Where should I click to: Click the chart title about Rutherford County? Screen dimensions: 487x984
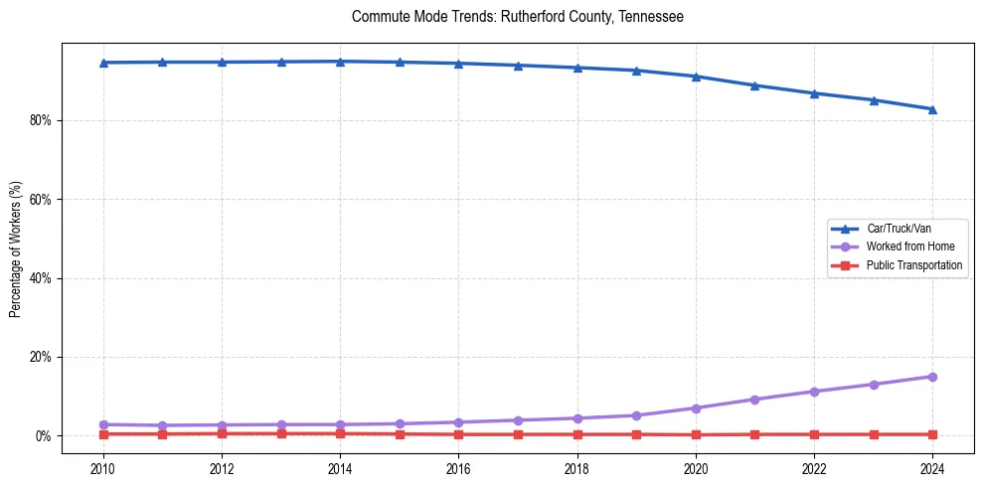[x=517, y=17]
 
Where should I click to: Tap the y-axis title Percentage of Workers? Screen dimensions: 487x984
[x=16, y=248]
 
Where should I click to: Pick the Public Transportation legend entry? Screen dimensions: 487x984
[x=913, y=265]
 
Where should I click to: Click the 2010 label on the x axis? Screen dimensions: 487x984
[x=103, y=468]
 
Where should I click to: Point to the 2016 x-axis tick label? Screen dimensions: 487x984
[x=458, y=468]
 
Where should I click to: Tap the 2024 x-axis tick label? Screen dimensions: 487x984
[x=932, y=468]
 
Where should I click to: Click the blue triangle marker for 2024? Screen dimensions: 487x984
[x=932, y=109]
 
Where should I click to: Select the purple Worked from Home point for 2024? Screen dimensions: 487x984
[x=932, y=377]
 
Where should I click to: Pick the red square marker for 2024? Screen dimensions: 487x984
[x=932, y=434]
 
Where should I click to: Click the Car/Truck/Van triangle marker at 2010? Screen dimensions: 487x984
[x=103, y=63]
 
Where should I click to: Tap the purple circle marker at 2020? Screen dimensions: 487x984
[x=696, y=408]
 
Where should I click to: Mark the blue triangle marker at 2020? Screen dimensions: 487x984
[x=696, y=77]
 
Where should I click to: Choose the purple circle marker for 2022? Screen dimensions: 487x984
[x=814, y=392]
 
